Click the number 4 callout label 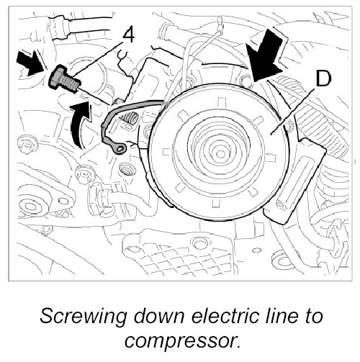click(x=128, y=35)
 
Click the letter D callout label click(x=323, y=78)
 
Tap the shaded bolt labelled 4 click(x=64, y=78)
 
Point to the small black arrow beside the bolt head click(x=30, y=63)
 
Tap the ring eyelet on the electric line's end click(x=119, y=149)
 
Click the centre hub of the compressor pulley click(x=220, y=153)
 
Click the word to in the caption click(x=312, y=316)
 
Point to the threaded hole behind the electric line click(x=130, y=119)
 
